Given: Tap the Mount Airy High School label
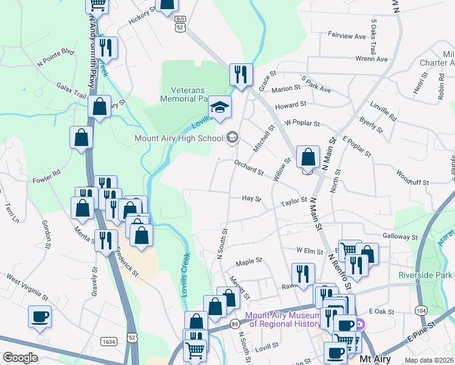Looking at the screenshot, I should tap(179, 138).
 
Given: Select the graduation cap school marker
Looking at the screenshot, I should tap(220, 108).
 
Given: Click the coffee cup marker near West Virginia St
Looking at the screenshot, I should tap(40, 317).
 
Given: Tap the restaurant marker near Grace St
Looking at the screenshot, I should tap(241, 75).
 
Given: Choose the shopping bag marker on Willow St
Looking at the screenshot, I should tap(308, 157).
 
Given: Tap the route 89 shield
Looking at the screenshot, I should tap(234, 324).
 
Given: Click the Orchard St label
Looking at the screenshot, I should tap(249, 167).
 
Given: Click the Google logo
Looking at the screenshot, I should tap(20, 358).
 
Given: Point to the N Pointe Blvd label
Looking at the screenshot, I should tap(55, 58).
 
